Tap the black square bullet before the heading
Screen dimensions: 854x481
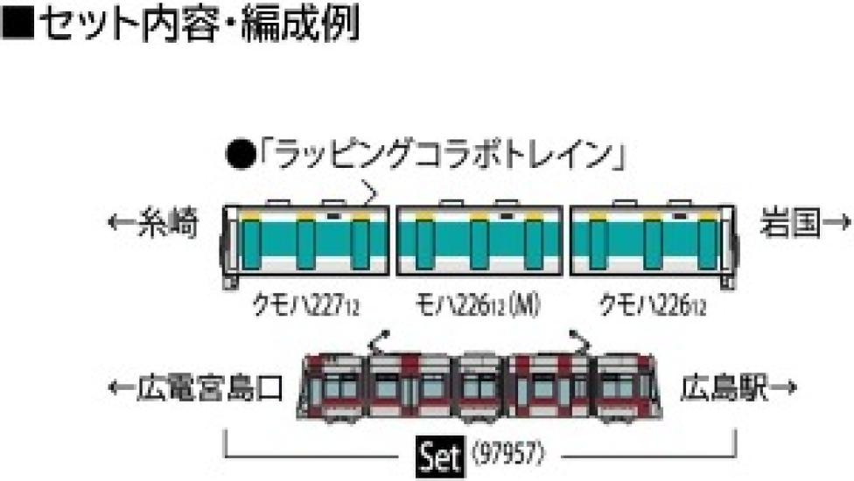[x=18, y=27]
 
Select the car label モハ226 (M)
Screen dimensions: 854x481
[x=478, y=306]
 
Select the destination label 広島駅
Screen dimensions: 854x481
[x=723, y=386]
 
